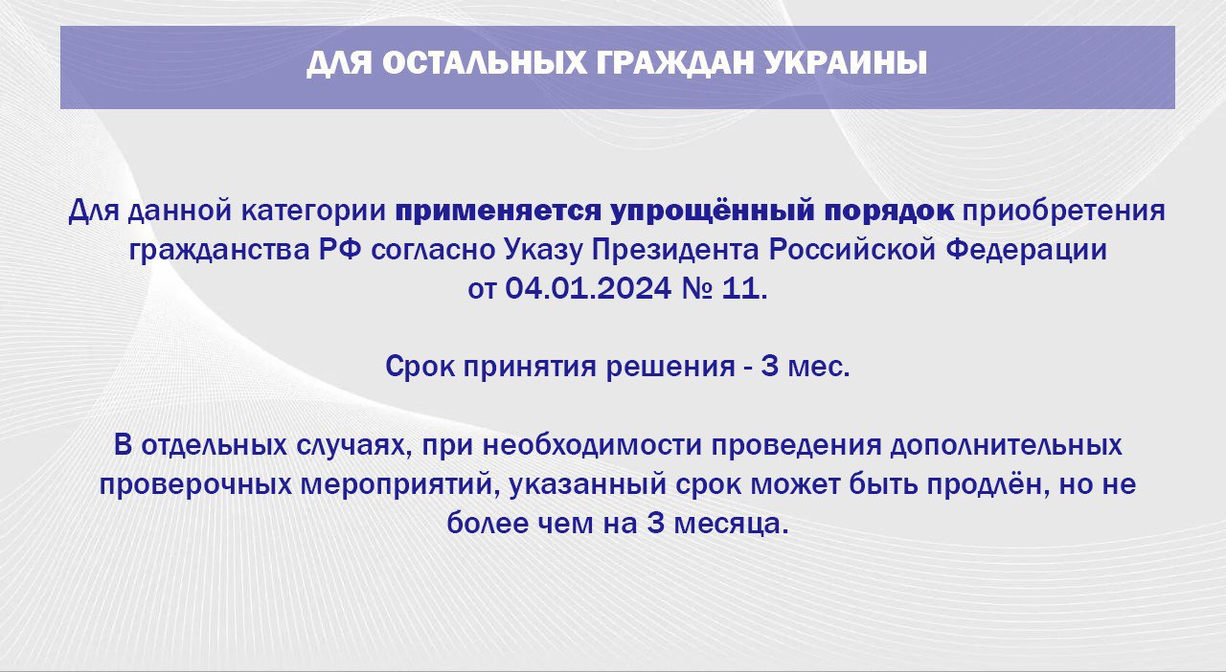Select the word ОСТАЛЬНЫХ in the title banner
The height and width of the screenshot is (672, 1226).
[x=484, y=63]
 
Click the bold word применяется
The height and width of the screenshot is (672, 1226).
[x=499, y=212]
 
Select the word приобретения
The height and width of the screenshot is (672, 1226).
[x=1064, y=212]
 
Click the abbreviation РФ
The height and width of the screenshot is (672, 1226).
[x=340, y=250]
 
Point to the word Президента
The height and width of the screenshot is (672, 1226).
[x=676, y=251]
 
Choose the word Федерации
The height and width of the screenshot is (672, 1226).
[x=1027, y=251]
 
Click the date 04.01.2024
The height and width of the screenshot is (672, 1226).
[x=588, y=288]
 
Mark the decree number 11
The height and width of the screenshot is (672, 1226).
[x=740, y=288]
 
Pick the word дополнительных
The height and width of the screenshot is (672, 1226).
[x=1007, y=446]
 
